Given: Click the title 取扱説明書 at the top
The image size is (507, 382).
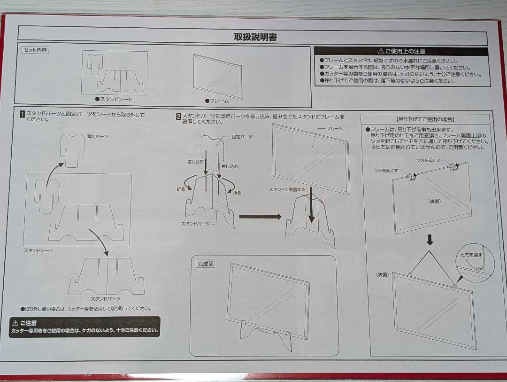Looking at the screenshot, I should tap(255, 37).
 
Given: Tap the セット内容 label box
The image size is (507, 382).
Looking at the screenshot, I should tap(35, 50).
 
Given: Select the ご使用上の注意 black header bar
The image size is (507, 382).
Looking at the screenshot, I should tap(402, 51).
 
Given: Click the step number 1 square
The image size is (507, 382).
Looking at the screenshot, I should tap(22, 114).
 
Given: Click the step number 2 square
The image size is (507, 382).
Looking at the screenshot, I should tap(178, 117).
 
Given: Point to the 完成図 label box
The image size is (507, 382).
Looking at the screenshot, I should tap(205, 264).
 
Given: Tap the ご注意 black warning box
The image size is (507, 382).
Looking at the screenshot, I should tap(84, 327).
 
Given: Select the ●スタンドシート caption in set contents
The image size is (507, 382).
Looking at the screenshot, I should tap(114, 99).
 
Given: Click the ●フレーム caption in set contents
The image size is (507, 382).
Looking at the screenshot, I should tap(217, 101).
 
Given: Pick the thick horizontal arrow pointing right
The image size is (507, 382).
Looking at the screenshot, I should tap(260, 217).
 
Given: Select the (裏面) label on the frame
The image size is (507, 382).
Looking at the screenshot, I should tap(434, 201).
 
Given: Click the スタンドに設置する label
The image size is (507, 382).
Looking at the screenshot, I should tap(287, 189).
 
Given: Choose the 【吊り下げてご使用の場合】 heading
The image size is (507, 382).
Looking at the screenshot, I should tap(425, 119).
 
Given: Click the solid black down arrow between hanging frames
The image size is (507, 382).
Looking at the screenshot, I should tap(430, 241).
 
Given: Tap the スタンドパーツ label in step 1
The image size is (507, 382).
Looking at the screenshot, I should tap(105, 299).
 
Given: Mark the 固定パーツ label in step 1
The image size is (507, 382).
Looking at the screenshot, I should tap(97, 136).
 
